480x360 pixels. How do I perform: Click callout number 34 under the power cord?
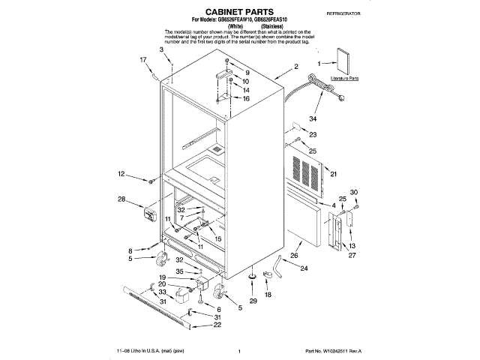pos(313,118)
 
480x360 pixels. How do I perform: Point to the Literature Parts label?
pos(344,78)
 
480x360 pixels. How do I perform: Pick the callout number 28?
pos(121,199)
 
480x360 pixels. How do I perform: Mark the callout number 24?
pos(304,268)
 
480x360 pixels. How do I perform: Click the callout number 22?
pos(217,325)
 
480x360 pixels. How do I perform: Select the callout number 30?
pos(354,192)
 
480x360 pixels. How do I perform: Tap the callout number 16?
pos(244,99)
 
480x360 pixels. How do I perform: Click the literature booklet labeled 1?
pos(343,60)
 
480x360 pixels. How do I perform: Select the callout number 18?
pos(268,295)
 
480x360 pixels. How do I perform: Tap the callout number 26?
pos(295,255)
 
